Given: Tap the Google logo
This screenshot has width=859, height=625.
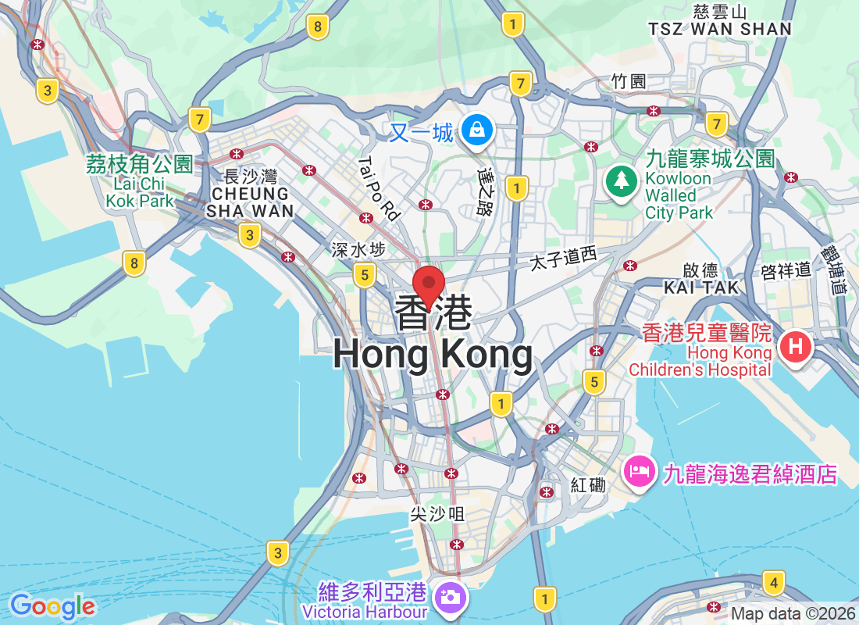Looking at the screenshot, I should pyautogui.click(x=52, y=606).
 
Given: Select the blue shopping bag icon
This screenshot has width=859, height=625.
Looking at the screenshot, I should pyautogui.click(x=476, y=130).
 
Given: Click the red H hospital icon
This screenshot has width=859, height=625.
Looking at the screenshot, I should pyautogui.click(x=795, y=346).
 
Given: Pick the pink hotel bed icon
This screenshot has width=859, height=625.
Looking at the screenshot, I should pyautogui.click(x=640, y=472).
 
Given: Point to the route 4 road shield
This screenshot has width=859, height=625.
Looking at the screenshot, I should pyautogui.click(x=773, y=582).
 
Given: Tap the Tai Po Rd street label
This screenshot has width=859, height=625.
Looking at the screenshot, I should pyautogui.click(x=380, y=188).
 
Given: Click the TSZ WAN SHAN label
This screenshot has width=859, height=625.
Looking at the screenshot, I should pyautogui.click(x=719, y=29).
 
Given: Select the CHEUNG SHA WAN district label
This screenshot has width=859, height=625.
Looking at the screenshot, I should pyautogui.click(x=249, y=202).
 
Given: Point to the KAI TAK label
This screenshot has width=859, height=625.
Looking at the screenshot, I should pyautogui.click(x=700, y=287).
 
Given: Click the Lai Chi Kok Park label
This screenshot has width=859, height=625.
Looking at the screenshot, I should pyautogui.click(x=140, y=192).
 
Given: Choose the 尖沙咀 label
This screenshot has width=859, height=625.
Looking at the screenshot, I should pyautogui.click(x=437, y=513).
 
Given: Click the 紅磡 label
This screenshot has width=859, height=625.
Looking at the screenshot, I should pyautogui.click(x=588, y=485).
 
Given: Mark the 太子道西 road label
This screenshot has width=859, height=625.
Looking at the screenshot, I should pyautogui.click(x=563, y=259).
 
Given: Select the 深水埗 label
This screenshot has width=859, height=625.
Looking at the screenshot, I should pyautogui.click(x=358, y=250).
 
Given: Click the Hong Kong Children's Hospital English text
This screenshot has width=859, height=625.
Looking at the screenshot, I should pyautogui.click(x=708, y=362).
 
